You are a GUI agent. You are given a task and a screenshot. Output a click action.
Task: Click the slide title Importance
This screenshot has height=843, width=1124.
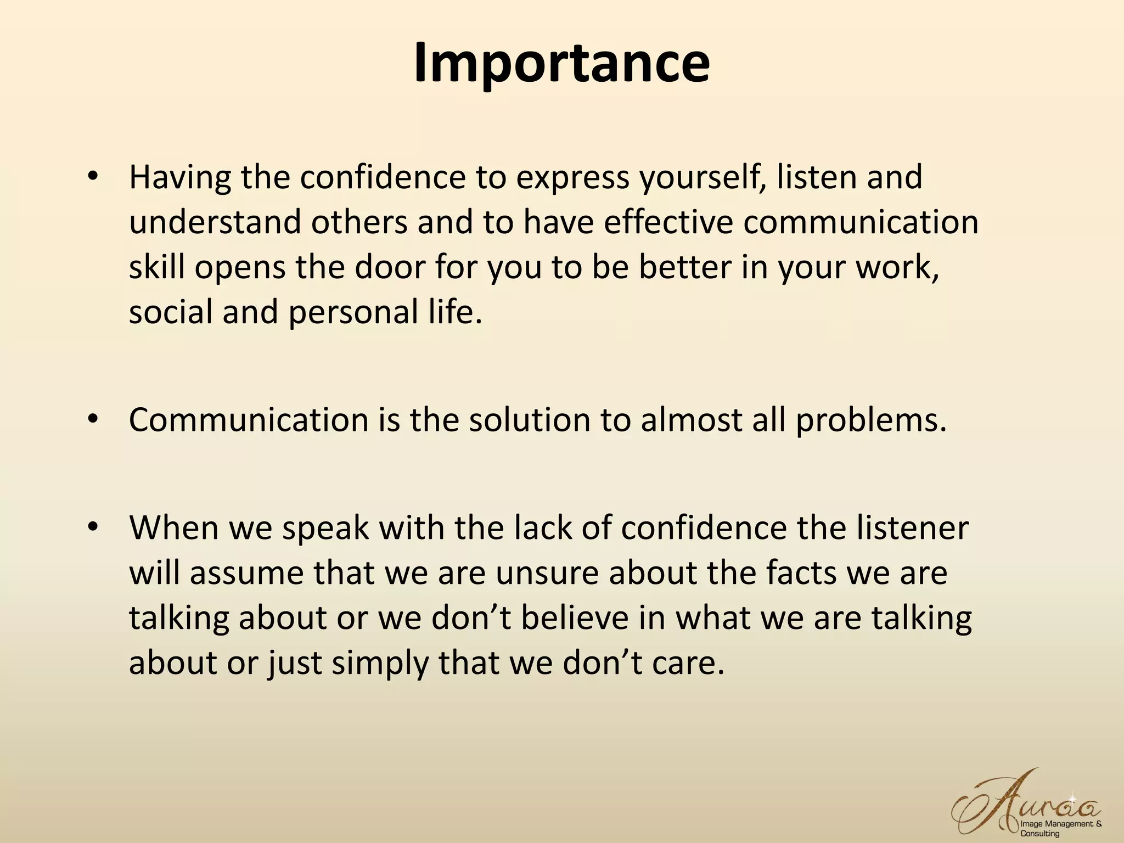[x=561, y=63]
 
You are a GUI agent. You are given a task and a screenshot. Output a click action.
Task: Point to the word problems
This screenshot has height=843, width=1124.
[x=872, y=421]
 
